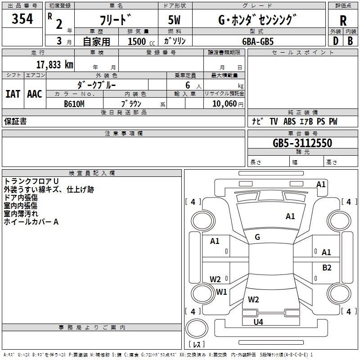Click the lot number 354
pos(22,19)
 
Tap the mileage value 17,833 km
pos(54,65)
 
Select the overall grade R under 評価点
pos(343,21)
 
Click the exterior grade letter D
pos(336,41)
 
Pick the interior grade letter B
pos(350,41)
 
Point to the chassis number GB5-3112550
pos(302,143)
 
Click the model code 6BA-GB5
pos(258,41)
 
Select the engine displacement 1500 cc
pos(141,41)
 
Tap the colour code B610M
pos(74,104)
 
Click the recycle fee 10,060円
pos(228,104)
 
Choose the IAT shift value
pos(13,94)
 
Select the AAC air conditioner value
pos(35,94)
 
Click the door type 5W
pos(174,20)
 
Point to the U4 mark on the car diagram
pos(258,322)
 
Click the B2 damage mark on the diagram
pos(327,267)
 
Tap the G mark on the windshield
pos(257,237)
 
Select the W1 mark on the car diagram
pos(221,292)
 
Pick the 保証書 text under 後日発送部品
pos(15,121)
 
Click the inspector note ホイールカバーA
pos(31,222)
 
